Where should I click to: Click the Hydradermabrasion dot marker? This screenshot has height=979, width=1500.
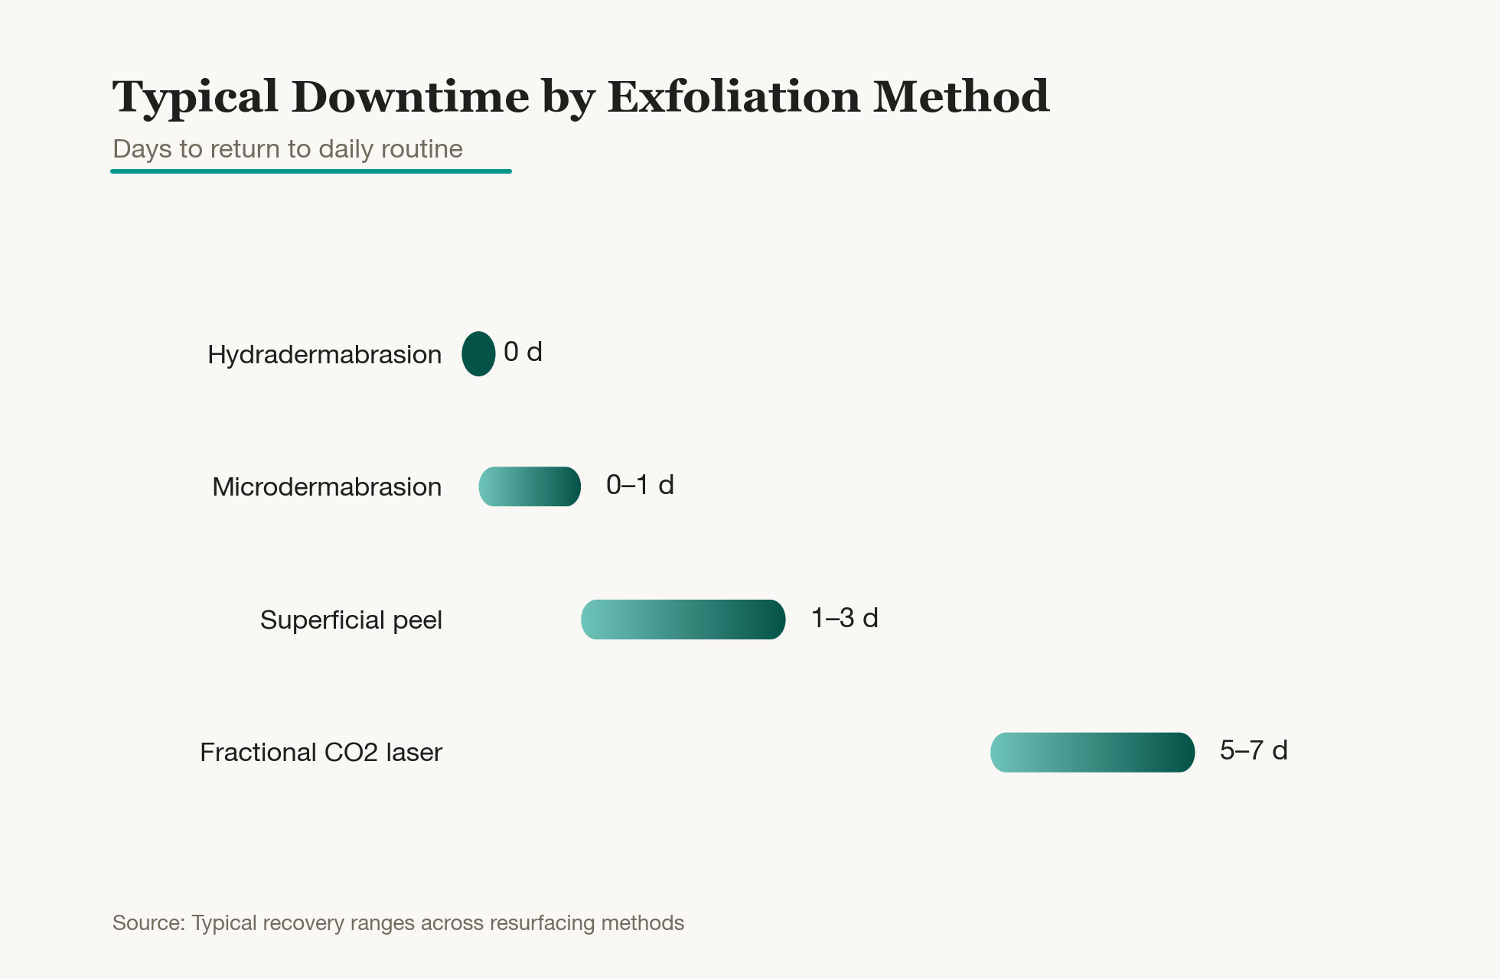pyautogui.click(x=478, y=353)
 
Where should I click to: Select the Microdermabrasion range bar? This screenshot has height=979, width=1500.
pyautogui.click(x=530, y=486)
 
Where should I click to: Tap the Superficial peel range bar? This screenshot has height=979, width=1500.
pyautogui.click(x=683, y=620)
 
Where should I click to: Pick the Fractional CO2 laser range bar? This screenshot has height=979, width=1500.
pyautogui.click(x=1092, y=752)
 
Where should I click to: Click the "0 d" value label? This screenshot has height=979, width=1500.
pyautogui.click(x=523, y=352)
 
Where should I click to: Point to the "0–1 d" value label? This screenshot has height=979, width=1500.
pyautogui.click(x=640, y=485)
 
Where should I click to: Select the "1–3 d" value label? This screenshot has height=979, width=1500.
pyautogui.click(x=845, y=618)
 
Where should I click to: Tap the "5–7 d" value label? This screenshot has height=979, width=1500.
pyautogui.click(x=1254, y=750)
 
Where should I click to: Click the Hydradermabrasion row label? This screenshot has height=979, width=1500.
pyautogui.click(x=324, y=355)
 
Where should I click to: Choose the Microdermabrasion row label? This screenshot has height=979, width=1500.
pyautogui.click(x=327, y=487)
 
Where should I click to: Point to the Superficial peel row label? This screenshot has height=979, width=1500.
pyautogui.click(x=351, y=620)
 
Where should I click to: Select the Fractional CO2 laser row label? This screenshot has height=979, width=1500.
pyautogui.click(x=321, y=753)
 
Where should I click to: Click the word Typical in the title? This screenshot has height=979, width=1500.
pyautogui.click(x=195, y=98)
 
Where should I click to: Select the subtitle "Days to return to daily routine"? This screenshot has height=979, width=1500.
pyautogui.click(x=288, y=148)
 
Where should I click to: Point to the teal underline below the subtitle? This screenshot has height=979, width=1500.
pyautogui.click(x=311, y=171)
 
